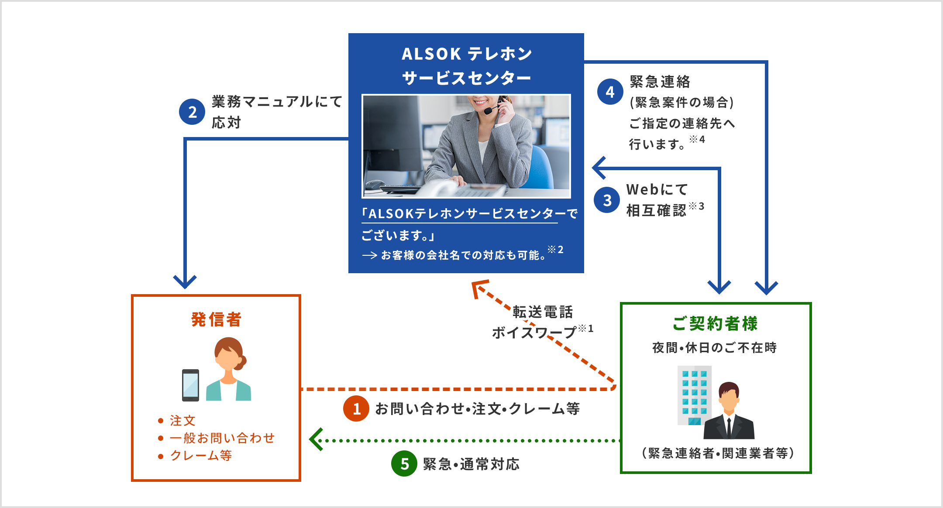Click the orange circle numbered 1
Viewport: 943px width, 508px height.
(x=356, y=408)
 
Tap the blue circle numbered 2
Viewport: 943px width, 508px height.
(x=192, y=112)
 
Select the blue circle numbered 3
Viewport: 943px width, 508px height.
(x=607, y=200)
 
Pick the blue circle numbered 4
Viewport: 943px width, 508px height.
(x=610, y=92)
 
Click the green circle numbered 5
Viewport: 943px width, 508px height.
(x=404, y=463)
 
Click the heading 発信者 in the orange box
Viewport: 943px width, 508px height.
(x=216, y=319)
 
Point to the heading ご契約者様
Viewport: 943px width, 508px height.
(x=715, y=323)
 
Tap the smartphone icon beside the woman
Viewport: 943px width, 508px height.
(x=190, y=385)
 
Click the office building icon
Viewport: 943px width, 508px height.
(x=694, y=395)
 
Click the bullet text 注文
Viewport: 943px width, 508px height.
(x=182, y=420)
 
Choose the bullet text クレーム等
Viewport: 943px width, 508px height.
(x=201, y=455)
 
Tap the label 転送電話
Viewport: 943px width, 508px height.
(x=543, y=312)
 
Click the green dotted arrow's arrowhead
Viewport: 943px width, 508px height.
(x=315, y=439)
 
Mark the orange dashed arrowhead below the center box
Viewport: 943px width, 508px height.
(x=479, y=288)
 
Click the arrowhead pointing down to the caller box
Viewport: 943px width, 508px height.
(x=185, y=281)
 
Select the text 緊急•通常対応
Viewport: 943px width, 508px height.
(x=471, y=464)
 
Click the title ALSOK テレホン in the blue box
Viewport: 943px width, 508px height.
(x=466, y=54)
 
